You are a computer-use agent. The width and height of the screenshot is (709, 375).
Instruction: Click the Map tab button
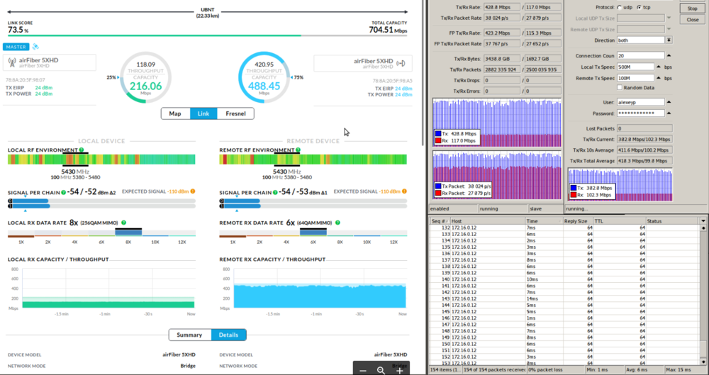pos(175,113)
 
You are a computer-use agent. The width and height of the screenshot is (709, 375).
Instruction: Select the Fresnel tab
pos(235,113)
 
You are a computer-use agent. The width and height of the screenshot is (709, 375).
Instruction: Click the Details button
pos(228,335)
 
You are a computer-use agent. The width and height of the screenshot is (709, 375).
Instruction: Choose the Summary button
pos(189,335)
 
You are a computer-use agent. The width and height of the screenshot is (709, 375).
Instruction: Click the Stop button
pos(693,9)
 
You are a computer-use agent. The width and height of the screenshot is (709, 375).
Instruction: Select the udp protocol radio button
pos(619,8)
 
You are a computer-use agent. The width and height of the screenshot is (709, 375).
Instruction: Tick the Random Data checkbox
pos(619,87)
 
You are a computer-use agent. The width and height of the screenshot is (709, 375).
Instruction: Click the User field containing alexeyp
pos(640,102)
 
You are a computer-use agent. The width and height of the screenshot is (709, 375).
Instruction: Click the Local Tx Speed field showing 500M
pos(635,67)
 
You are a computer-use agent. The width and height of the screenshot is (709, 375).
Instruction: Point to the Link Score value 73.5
pos(17,30)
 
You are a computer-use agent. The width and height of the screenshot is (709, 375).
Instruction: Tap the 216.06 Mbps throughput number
pos(145,86)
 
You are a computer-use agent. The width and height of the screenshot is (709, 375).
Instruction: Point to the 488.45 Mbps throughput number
pos(264,86)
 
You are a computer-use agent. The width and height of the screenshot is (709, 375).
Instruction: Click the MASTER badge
pos(15,47)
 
